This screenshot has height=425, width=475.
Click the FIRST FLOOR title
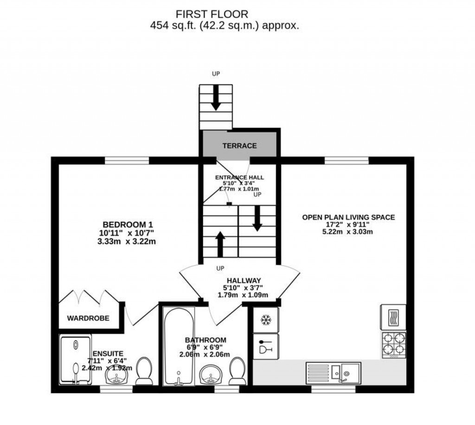tap(212, 14)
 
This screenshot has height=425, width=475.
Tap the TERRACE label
tap(240, 146)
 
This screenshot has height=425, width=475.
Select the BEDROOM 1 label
tap(128, 225)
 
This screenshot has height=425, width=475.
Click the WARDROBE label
tap(88, 318)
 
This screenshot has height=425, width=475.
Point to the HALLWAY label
tap(244, 281)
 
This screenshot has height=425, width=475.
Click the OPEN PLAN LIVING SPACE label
tap(348, 217)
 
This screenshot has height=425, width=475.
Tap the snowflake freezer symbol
tap(266, 320)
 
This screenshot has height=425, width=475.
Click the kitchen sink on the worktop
tap(333, 373)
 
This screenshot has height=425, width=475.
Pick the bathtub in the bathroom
tap(179, 346)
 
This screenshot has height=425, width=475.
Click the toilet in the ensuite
tap(144, 371)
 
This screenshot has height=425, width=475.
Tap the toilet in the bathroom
tap(237, 371)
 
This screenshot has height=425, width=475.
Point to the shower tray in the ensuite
tap(76, 359)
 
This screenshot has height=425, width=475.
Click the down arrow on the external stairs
tap(216, 98)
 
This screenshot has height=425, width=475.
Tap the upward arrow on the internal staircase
tap(220, 244)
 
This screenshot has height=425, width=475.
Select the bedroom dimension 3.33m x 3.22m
tap(127, 242)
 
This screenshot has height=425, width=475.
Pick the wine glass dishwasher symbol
tap(266, 346)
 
